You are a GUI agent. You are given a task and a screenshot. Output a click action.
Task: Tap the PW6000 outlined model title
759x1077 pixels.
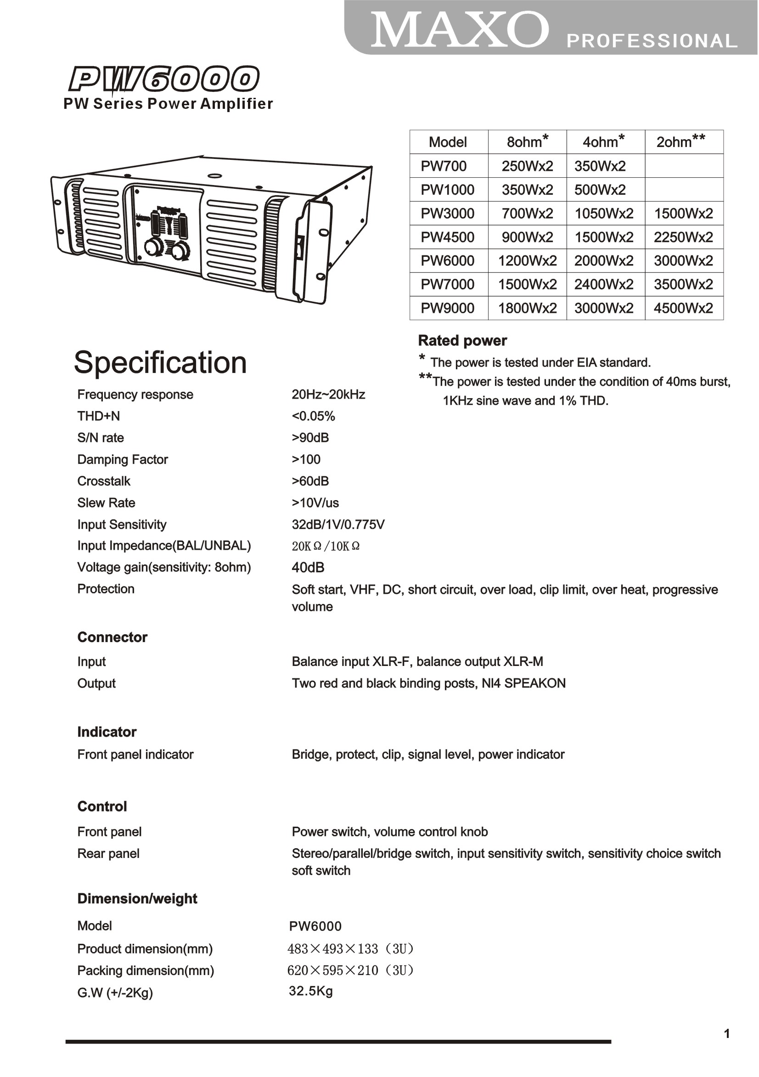pyautogui.click(x=164, y=79)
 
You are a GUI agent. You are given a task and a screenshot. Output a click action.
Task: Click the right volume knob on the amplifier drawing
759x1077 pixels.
pyautogui.click(x=178, y=251)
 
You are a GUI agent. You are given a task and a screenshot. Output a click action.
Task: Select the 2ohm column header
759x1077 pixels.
pyautogui.click(x=684, y=141)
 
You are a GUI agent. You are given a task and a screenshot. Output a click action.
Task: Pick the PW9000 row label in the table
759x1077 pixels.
pyautogui.click(x=448, y=308)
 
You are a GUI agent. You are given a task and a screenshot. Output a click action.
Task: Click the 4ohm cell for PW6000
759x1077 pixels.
pyautogui.click(x=604, y=261)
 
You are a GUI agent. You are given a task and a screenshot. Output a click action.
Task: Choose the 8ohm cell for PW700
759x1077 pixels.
pyautogui.click(x=527, y=166)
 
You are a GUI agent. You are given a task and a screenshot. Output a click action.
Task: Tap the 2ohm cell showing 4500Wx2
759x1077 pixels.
pyautogui.click(x=684, y=308)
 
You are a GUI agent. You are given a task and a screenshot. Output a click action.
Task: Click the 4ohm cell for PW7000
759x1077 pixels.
pyautogui.click(x=604, y=284)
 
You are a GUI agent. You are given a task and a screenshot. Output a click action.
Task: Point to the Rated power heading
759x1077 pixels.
pyautogui.click(x=462, y=340)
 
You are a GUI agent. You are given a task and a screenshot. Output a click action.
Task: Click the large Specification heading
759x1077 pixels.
pyautogui.click(x=160, y=362)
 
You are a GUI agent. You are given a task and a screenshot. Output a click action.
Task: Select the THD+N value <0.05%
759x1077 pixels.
pyautogui.click(x=313, y=416)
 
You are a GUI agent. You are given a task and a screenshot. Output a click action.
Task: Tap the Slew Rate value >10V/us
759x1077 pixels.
pyautogui.click(x=315, y=503)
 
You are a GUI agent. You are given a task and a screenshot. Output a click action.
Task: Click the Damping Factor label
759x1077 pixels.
pyautogui.click(x=123, y=459)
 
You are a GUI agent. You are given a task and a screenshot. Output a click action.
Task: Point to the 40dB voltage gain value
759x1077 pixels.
pyautogui.click(x=308, y=568)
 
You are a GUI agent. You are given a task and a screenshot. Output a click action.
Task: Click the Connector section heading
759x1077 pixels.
pyautogui.click(x=112, y=637)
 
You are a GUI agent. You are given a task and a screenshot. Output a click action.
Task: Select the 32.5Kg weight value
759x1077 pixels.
pyautogui.click(x=310, y=991)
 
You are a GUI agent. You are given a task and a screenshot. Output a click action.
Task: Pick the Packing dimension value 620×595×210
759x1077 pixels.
pyautogui.click(x=350, y=970)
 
